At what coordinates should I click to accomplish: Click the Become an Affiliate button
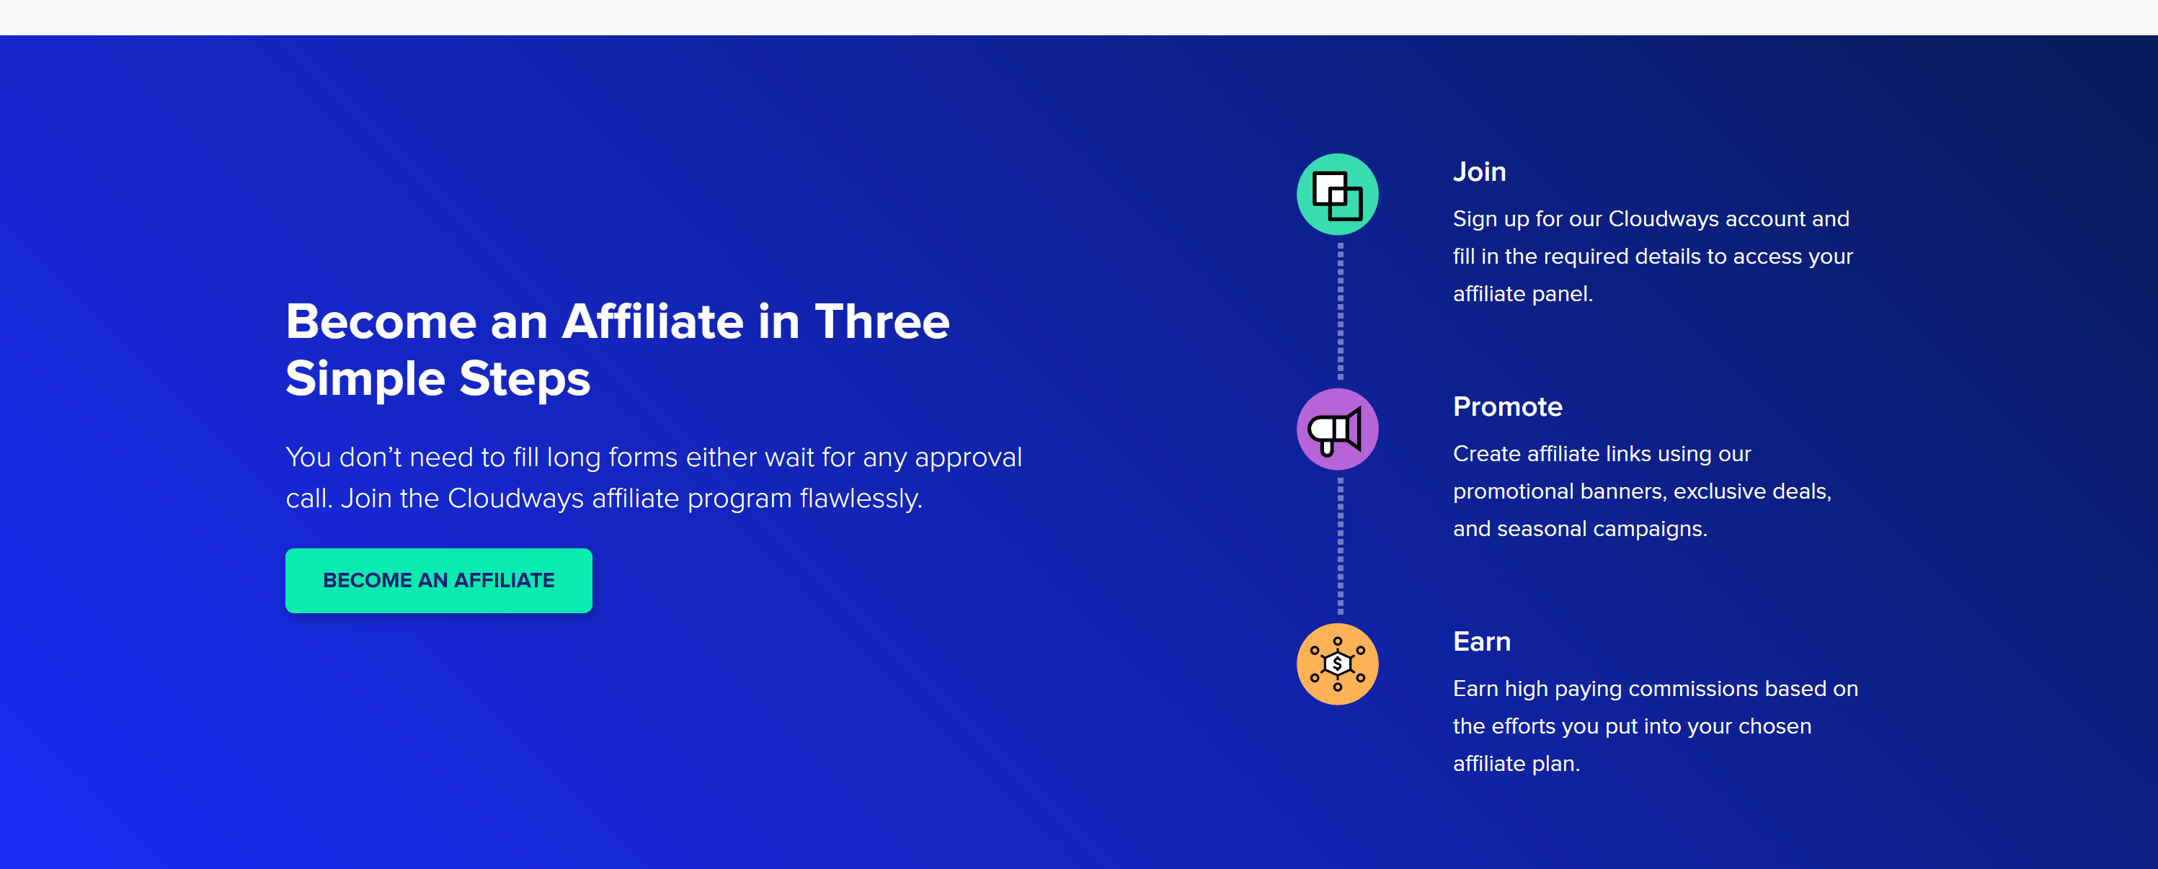click(x=438, y=580)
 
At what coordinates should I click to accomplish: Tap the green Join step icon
click(x=1337, y=195)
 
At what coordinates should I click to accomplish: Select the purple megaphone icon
click(x=1337, y=429)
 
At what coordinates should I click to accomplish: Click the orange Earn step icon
click(x=1337, y=664)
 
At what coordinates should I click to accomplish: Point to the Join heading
click(x=1480, y=171)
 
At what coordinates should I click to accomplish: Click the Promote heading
click(x=1507, y=407)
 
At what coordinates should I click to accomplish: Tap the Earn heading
click(x=1481, y=641)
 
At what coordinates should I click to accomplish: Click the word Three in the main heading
click(x=882, y=321)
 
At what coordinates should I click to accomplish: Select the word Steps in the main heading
click(x=525, y=379)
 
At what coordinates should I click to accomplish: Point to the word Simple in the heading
click(x=365, y=379)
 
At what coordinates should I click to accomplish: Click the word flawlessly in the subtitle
click(x=861, y=498)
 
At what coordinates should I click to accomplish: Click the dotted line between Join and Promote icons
click(x=1341, y=311)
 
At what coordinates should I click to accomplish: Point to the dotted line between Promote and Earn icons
click(x=1341, y=546)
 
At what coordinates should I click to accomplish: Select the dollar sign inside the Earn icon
click(x=1337, y=664)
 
